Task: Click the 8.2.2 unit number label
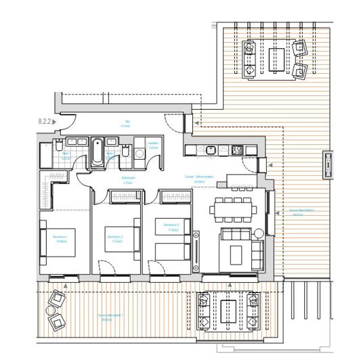45,122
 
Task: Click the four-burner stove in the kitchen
238,150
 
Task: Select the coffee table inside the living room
238,254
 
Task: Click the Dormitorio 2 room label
115,238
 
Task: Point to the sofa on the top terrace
249,59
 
